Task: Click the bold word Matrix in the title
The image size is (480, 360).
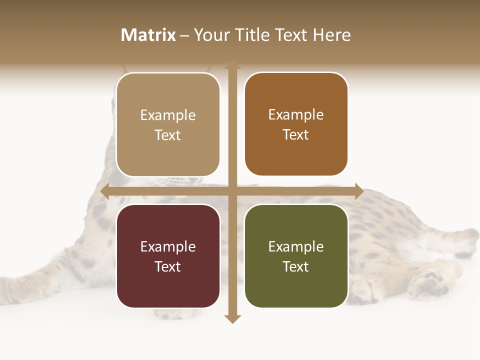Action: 148,35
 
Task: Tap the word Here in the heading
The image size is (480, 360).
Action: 331,35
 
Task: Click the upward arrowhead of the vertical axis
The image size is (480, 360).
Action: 232,64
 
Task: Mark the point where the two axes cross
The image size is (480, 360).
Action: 232,191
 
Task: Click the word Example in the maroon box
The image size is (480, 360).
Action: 168,246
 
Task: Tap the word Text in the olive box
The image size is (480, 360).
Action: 296,266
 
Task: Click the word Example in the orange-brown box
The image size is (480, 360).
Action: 296,114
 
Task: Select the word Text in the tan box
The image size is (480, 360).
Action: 168,135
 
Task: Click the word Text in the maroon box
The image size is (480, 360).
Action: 168,266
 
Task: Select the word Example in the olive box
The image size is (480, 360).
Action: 296,246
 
